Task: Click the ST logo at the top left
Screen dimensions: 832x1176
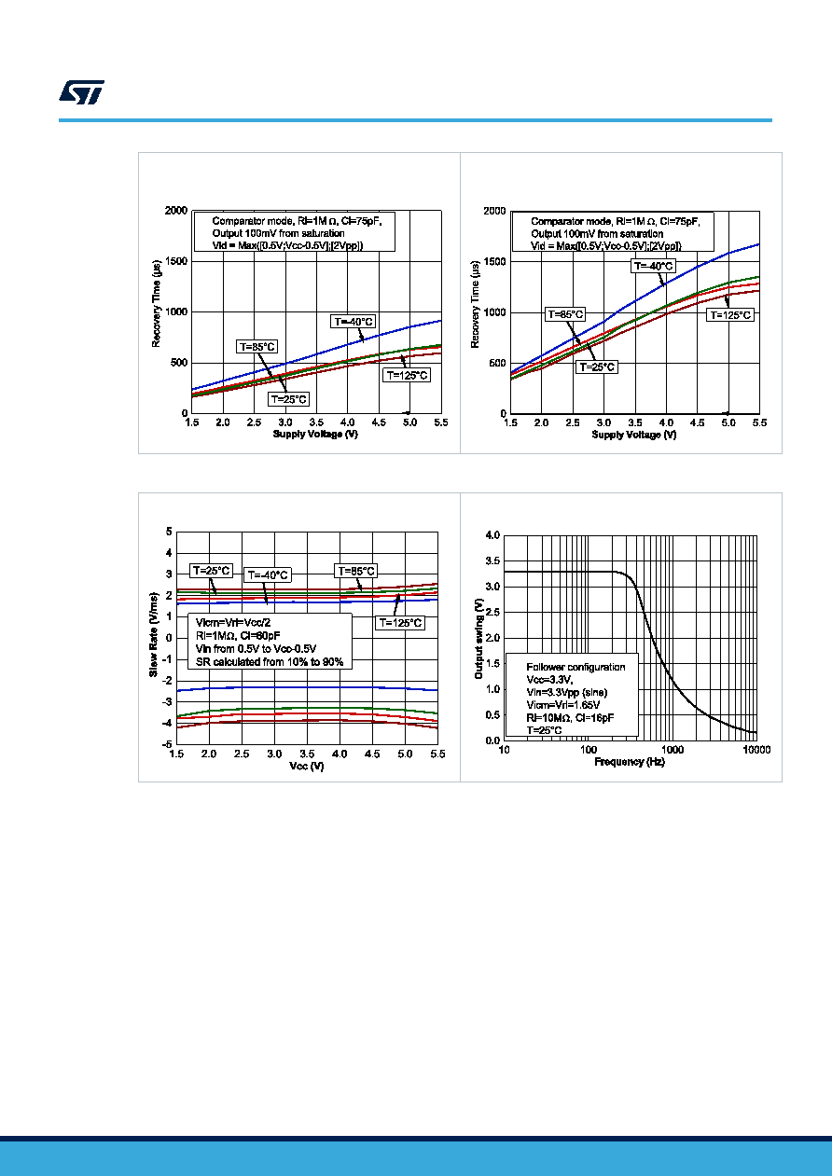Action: point(81,92)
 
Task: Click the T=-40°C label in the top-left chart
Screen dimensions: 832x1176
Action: point(354,322)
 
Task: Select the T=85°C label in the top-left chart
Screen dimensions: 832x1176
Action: point(257,347)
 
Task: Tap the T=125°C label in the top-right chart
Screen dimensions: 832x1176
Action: point(730,315)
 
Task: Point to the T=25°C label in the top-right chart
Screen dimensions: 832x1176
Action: point(597,367)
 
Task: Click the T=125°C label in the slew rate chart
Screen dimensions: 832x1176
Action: point(400,623)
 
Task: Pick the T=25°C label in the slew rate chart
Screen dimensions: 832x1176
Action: point(211,571)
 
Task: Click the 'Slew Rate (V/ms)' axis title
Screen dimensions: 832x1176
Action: point(153,635)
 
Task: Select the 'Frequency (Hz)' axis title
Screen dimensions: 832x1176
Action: point(630,762)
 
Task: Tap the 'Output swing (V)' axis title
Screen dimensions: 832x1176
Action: point(478,639)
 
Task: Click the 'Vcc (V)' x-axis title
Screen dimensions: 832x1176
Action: point(307,766)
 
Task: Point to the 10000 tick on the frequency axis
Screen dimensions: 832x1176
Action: point(756,750)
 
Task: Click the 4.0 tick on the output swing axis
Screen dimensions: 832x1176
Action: point(492,535)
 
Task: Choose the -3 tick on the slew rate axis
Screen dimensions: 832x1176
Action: point(168,701)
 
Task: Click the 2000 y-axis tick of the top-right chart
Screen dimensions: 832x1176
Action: point(494,211)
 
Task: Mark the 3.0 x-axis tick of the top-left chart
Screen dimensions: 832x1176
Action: point(285,422)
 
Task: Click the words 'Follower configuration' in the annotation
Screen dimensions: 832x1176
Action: point(575,667)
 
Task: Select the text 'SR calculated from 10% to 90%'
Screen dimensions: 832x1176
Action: point(270,661)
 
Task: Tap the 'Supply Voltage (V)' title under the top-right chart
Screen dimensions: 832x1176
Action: point(634,435)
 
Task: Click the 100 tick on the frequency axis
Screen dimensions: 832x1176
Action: point(589,750)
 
